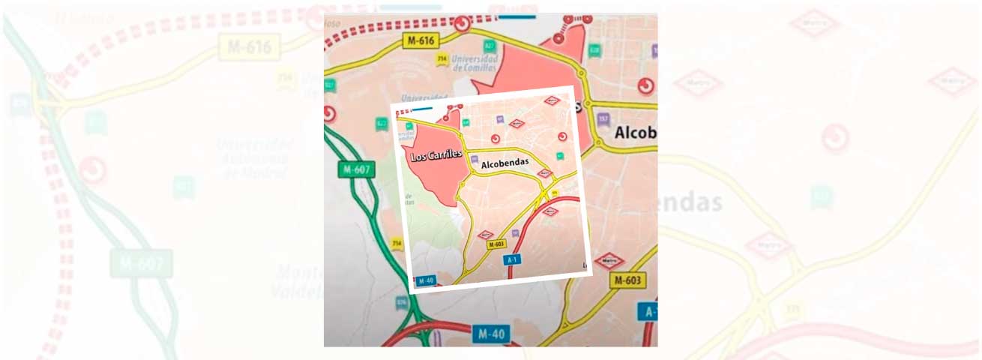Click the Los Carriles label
click(x=436, y=157)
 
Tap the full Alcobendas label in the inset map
click(x=504, y=162)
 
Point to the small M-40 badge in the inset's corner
click(x=426, y=280)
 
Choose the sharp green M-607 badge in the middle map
click(x=357, y=169)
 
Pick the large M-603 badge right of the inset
click(x=627, y=280)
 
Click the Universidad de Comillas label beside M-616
click(x=475, y=64)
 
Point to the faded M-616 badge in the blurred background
click(x=250, y=47)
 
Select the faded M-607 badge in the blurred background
click(x=142, y=262)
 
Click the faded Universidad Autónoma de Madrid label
click(x=255, y=157)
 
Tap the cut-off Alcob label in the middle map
click(x=635, y=133)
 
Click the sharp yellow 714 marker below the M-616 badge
click(x=442, y=58)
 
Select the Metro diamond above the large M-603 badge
click(x=609, y=260)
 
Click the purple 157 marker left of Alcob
click(x=603, y=119)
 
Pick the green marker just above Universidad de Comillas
click(x=490, y=45)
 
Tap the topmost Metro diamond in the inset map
click(x=552, y=100)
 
